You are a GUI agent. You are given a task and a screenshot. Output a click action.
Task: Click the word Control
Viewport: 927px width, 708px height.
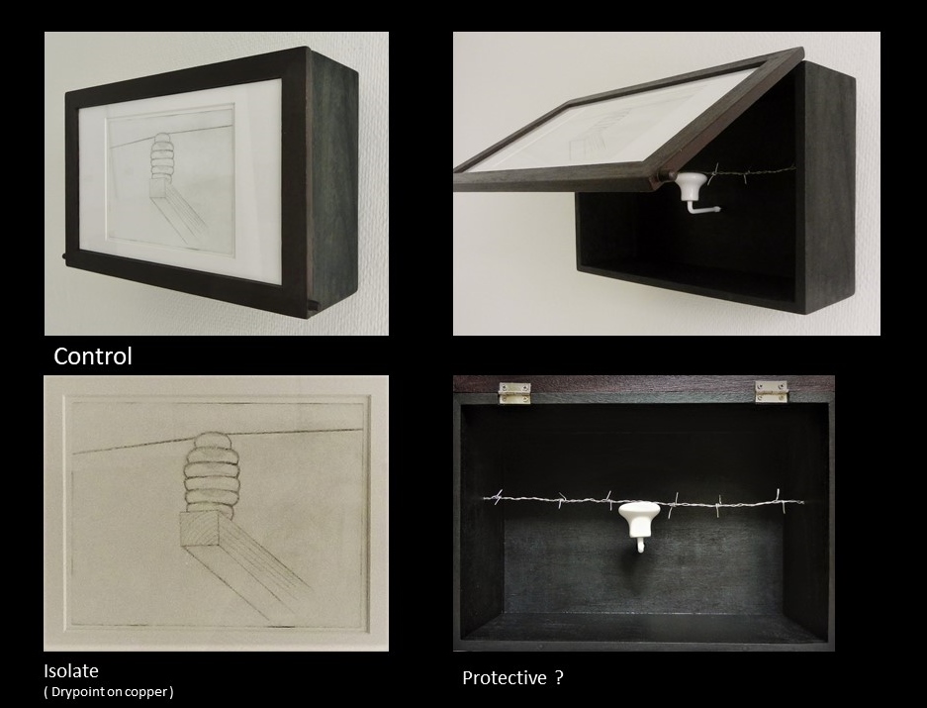(93, 355)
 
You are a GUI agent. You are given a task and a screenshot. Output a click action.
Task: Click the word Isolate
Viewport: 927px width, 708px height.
(71, 670)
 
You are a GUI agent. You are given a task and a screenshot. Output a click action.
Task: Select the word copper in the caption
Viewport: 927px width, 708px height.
(149, 692)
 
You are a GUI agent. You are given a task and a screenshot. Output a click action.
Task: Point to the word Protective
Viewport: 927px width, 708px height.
(505, 678)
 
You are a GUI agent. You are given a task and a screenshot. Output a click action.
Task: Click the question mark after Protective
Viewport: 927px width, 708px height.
(559, 677)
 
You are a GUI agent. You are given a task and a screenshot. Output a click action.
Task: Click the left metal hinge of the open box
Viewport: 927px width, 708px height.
(514, 392)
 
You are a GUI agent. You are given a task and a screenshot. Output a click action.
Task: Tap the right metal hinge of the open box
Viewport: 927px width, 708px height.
(772, 391)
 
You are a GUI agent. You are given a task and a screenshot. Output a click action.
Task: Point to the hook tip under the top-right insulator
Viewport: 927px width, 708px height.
(717, 209)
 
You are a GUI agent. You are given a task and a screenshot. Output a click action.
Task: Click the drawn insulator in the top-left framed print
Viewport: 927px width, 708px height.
(160, 156)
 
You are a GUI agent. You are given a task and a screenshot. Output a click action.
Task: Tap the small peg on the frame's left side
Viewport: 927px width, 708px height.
(63, 256)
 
